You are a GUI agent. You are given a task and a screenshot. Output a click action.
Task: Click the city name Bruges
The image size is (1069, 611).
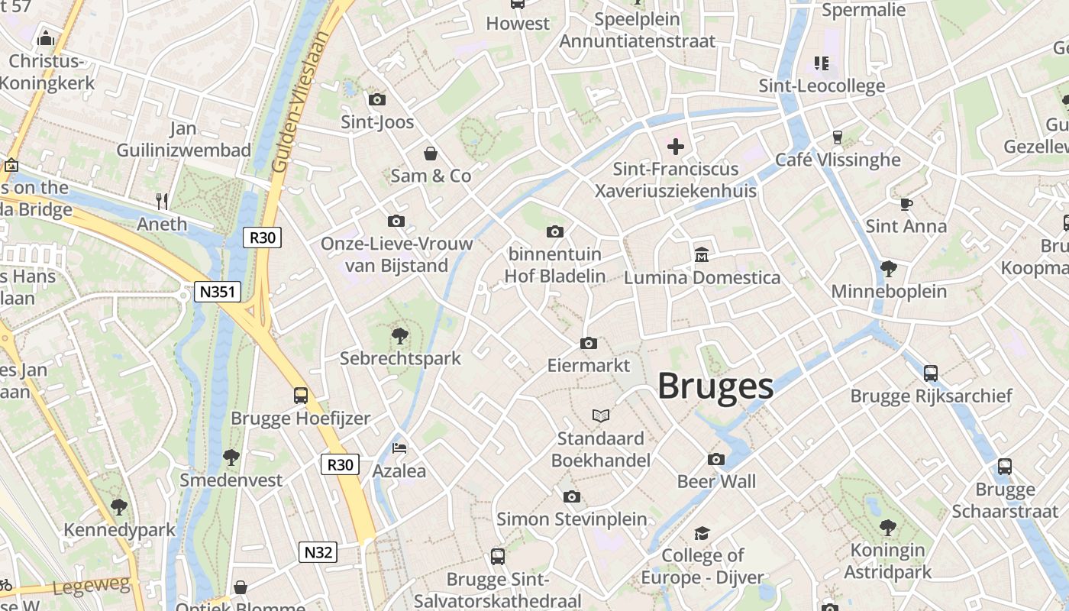tap(715, 386)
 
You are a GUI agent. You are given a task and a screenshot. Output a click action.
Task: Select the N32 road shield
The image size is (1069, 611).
tap(317, 552)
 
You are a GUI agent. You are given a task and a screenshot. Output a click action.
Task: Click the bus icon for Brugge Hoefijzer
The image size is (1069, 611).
tap(301, 396)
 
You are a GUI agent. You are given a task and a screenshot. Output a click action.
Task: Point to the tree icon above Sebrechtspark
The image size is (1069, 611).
tap(399, 336)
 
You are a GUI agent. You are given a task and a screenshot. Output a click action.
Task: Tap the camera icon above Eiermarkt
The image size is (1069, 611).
tap(588, 344)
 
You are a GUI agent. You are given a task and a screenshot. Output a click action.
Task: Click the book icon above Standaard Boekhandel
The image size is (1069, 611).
tap(601, 416)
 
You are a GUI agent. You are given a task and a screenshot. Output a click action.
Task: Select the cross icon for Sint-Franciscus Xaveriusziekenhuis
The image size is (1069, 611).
tap(676, 146)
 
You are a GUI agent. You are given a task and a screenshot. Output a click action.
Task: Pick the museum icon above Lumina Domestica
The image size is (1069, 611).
tap(702, 254)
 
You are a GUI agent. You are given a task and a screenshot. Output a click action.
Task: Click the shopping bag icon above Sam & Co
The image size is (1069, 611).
tap(431, 154)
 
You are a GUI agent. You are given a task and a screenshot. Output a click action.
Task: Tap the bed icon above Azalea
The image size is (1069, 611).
tap(399, 448)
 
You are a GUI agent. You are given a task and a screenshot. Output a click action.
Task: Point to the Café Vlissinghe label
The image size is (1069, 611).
tap(838, 160)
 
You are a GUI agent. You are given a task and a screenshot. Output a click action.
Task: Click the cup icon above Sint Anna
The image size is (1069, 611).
tap(906, 204)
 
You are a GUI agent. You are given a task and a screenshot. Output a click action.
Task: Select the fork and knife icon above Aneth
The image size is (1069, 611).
tap(162, 202)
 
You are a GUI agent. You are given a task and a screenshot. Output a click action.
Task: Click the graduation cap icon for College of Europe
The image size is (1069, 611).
tap(702, 533)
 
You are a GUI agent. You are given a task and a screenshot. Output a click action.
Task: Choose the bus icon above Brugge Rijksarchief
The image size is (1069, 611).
tap(930, 373)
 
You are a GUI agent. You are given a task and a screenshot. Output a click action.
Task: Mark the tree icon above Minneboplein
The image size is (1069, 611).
tap(888, 269)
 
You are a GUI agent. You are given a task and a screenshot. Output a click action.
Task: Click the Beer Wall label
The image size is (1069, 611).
tap(716, 481)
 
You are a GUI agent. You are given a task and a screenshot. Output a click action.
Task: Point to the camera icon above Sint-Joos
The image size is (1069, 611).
tap(376, 99)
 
